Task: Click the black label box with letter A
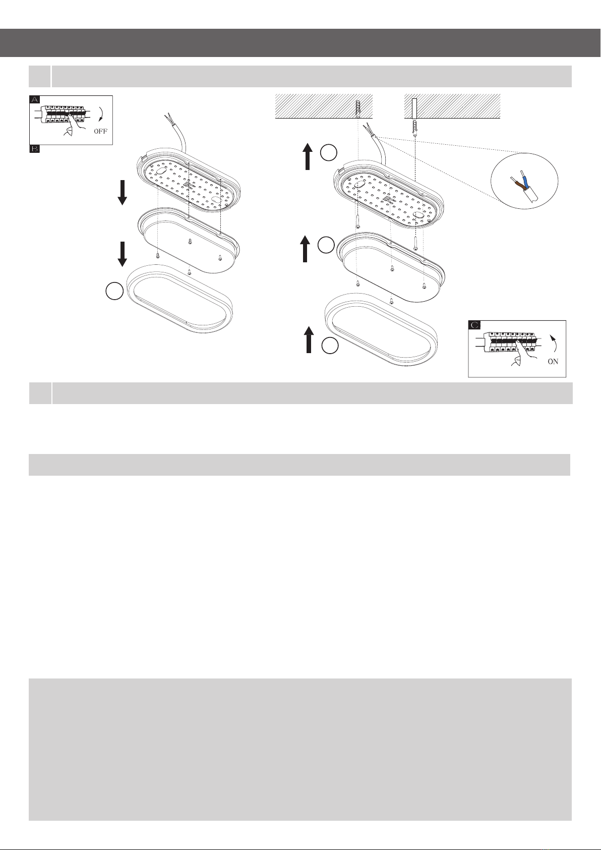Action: (x=34, y=99)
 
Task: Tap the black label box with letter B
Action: (x=34, y=149)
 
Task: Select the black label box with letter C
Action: (x=474, y=325)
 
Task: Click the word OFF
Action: (x=100, y=131)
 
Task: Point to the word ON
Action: (x=553, y=362)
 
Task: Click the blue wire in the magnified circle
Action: (x=524, y=180)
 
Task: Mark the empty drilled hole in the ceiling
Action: (x=414, y=108)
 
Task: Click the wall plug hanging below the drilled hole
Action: (x=415, y=129)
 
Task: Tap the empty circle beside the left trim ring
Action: (x=114, y=292)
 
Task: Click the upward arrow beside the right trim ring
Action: (x=309, y=339)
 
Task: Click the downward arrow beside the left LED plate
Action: (x=123, y=193)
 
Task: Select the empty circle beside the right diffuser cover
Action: (x=326, y=245)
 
